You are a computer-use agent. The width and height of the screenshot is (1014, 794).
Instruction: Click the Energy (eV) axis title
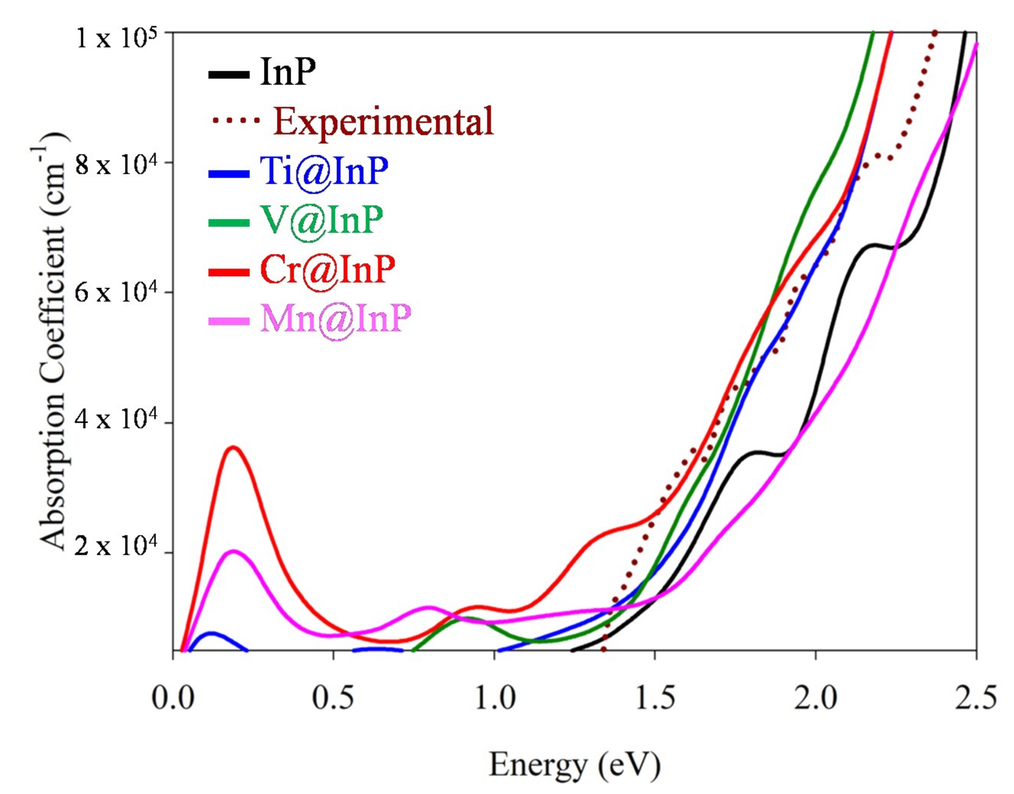tap(575, 765)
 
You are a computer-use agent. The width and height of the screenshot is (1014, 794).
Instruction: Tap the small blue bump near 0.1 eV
tap(212, 633)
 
